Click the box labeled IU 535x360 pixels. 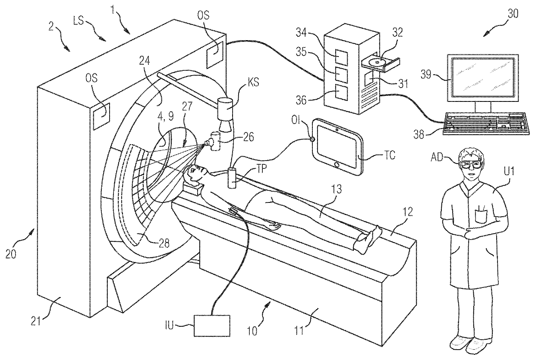click(212, 325)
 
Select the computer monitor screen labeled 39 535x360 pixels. click(483, 77)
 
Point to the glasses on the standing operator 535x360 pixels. click(470, 164)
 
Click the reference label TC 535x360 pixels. click(390, 155)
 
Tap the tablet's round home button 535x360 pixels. click(337, 165)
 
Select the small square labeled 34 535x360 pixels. click(341, 57)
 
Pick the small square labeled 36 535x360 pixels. click(341, 92)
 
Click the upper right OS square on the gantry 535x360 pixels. click(214, 55)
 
